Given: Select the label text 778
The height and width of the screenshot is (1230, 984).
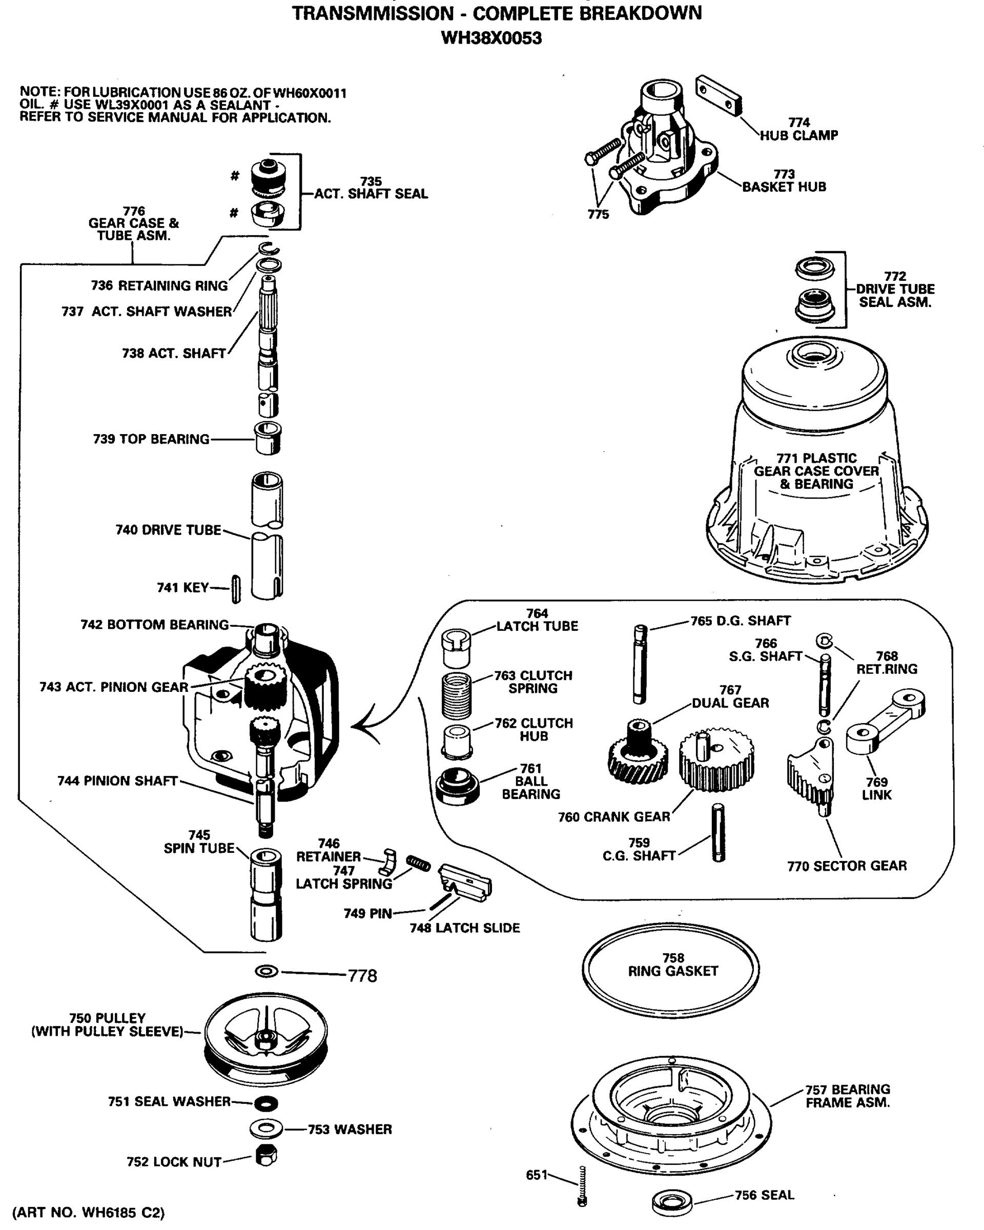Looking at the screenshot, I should click(362, 976).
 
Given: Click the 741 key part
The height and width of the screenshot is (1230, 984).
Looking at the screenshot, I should click(236, 589).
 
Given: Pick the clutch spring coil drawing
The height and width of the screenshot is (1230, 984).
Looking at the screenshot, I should click(457, 695).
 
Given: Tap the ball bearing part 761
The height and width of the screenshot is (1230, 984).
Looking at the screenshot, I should click(457, 786).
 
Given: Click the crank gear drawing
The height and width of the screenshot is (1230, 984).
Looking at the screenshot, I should click(716, 760).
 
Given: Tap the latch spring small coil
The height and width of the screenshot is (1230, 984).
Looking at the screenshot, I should click(418, 864).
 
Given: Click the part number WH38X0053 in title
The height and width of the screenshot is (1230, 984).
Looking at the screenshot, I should click(491, 38).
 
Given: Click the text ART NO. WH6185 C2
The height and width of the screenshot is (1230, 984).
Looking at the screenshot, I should click(89, 1212).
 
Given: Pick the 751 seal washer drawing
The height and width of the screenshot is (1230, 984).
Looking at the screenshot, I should click(266, 1103).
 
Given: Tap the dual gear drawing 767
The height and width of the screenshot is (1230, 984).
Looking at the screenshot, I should click(638, 753).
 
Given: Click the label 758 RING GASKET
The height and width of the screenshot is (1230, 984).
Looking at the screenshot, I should click(672, 965).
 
